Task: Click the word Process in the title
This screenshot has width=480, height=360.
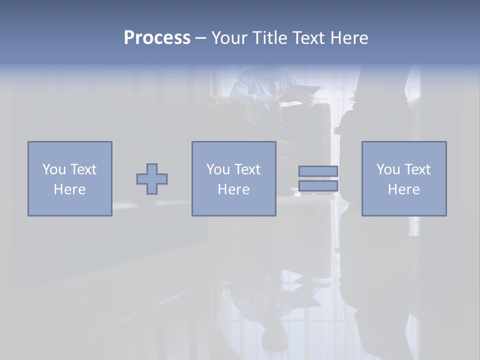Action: tap(157, 37)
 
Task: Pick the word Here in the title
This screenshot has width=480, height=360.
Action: tap(349, 37)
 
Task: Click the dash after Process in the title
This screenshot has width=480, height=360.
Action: tap(200, 38)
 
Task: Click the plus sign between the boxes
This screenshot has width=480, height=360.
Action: tap(152, 179)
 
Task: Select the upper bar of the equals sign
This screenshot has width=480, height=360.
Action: tap(318, 171)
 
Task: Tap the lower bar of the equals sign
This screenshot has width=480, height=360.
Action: tap(318, 186)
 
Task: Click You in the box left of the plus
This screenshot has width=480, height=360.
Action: tap(54, 169)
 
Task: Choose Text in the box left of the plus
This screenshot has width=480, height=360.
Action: tap(83, 169)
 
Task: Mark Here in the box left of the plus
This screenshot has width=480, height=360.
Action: tap(69, 189)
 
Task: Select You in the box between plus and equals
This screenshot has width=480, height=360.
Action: tap(218, 169)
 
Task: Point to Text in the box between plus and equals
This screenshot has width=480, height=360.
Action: tap(247, 169)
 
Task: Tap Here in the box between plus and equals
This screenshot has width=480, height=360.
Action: tap(233, 189)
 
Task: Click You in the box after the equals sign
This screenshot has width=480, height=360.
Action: tap(388, 169)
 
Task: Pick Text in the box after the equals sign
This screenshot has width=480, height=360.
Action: tap(417, 169)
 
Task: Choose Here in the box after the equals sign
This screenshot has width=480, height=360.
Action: tap(403, 189)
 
